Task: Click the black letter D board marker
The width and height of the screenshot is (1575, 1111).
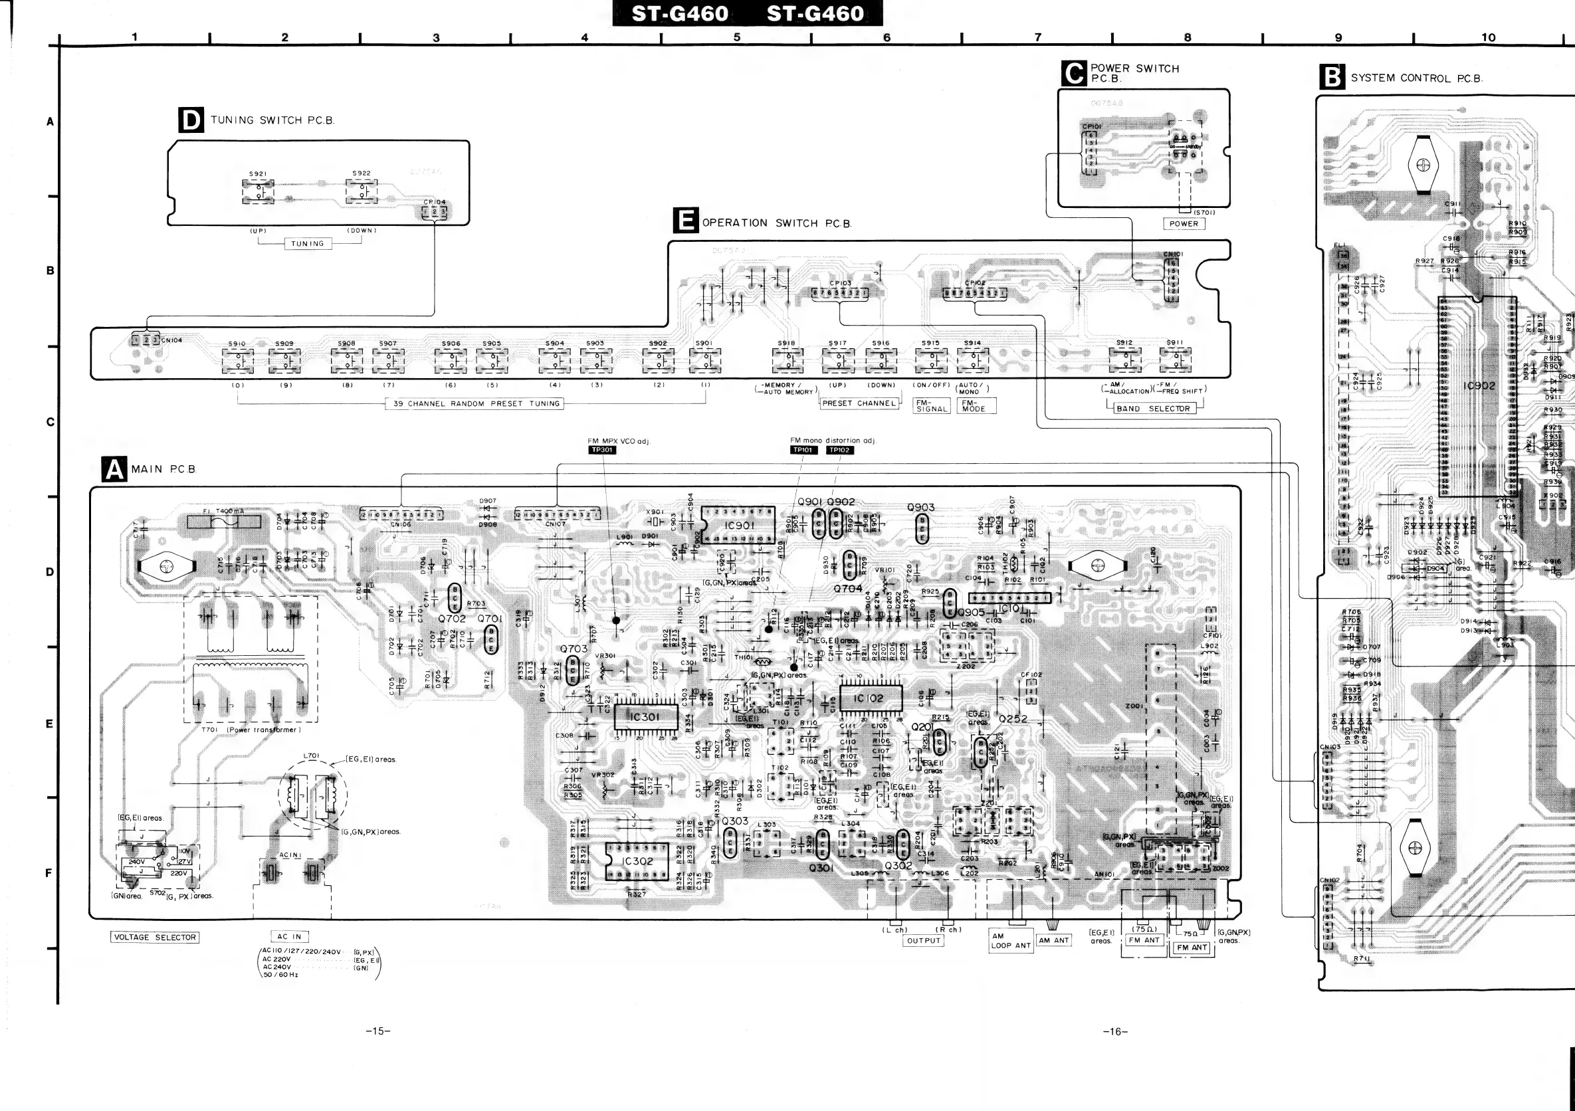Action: point(190,120)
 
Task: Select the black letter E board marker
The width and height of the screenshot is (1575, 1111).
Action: point(685,221)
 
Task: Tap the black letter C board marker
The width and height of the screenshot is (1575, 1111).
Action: point(1073,72)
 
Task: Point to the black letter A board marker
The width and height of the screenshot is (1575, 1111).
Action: point(114,469)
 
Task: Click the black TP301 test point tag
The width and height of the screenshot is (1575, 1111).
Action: point(601,450)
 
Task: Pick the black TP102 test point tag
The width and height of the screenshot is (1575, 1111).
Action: point(839,450)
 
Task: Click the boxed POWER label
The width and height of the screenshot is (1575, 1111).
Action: point(1184,223)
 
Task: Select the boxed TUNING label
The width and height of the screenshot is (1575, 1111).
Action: point(307,243)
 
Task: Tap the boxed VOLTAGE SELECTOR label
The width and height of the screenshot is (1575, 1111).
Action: point(155,937)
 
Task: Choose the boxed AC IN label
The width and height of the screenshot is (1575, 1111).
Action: point(290,936)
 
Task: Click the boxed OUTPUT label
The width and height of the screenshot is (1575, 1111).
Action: point(923,941)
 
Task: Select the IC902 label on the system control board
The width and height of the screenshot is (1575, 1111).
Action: point(1479,385)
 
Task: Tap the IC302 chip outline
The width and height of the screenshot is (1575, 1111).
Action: point(637,860)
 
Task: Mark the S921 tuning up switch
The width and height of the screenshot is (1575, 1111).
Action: point(258,191)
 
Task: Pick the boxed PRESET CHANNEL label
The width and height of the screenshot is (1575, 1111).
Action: point(859,403)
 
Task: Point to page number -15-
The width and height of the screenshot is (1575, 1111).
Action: point(378,1031)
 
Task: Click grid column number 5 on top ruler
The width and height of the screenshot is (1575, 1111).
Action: point(737,37)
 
